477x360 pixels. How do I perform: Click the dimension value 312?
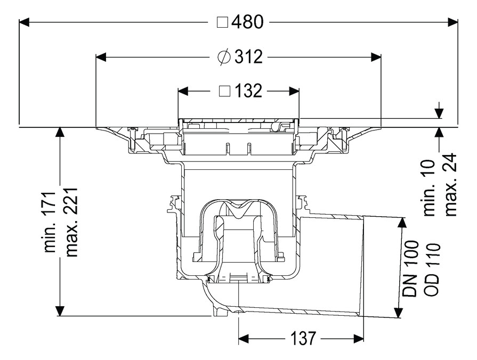(248, 56)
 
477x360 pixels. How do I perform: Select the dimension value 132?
(248, 91)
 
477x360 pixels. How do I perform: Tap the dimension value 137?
(303, 338)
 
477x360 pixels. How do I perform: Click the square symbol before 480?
(223, 22)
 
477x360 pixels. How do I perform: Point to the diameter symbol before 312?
(224, 56)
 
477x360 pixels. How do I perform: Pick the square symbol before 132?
(224, 91)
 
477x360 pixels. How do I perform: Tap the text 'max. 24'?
(451, 185)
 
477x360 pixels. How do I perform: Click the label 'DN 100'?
(411, 269)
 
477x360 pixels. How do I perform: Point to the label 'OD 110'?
(432, 269)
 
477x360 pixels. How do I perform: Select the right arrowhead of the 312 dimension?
(376, 56)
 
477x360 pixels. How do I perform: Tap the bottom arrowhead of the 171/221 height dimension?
(60, 310)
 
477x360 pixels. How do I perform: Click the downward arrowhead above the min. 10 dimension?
(439, 113)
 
